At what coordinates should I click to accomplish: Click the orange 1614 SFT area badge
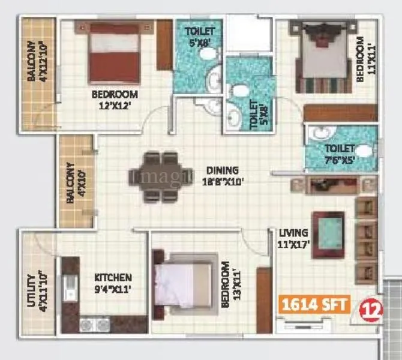tap(313, 304)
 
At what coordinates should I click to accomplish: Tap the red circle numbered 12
tap(369, 310)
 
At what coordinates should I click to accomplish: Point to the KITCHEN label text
tap(113, 278)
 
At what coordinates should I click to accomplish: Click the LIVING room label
tap(293, 233)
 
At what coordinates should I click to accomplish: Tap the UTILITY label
tap(31, 291)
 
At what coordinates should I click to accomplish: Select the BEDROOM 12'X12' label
tap(114, 94)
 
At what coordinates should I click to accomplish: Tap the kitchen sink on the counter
tap(71, 287)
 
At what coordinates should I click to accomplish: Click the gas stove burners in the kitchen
tap(95, 325)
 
